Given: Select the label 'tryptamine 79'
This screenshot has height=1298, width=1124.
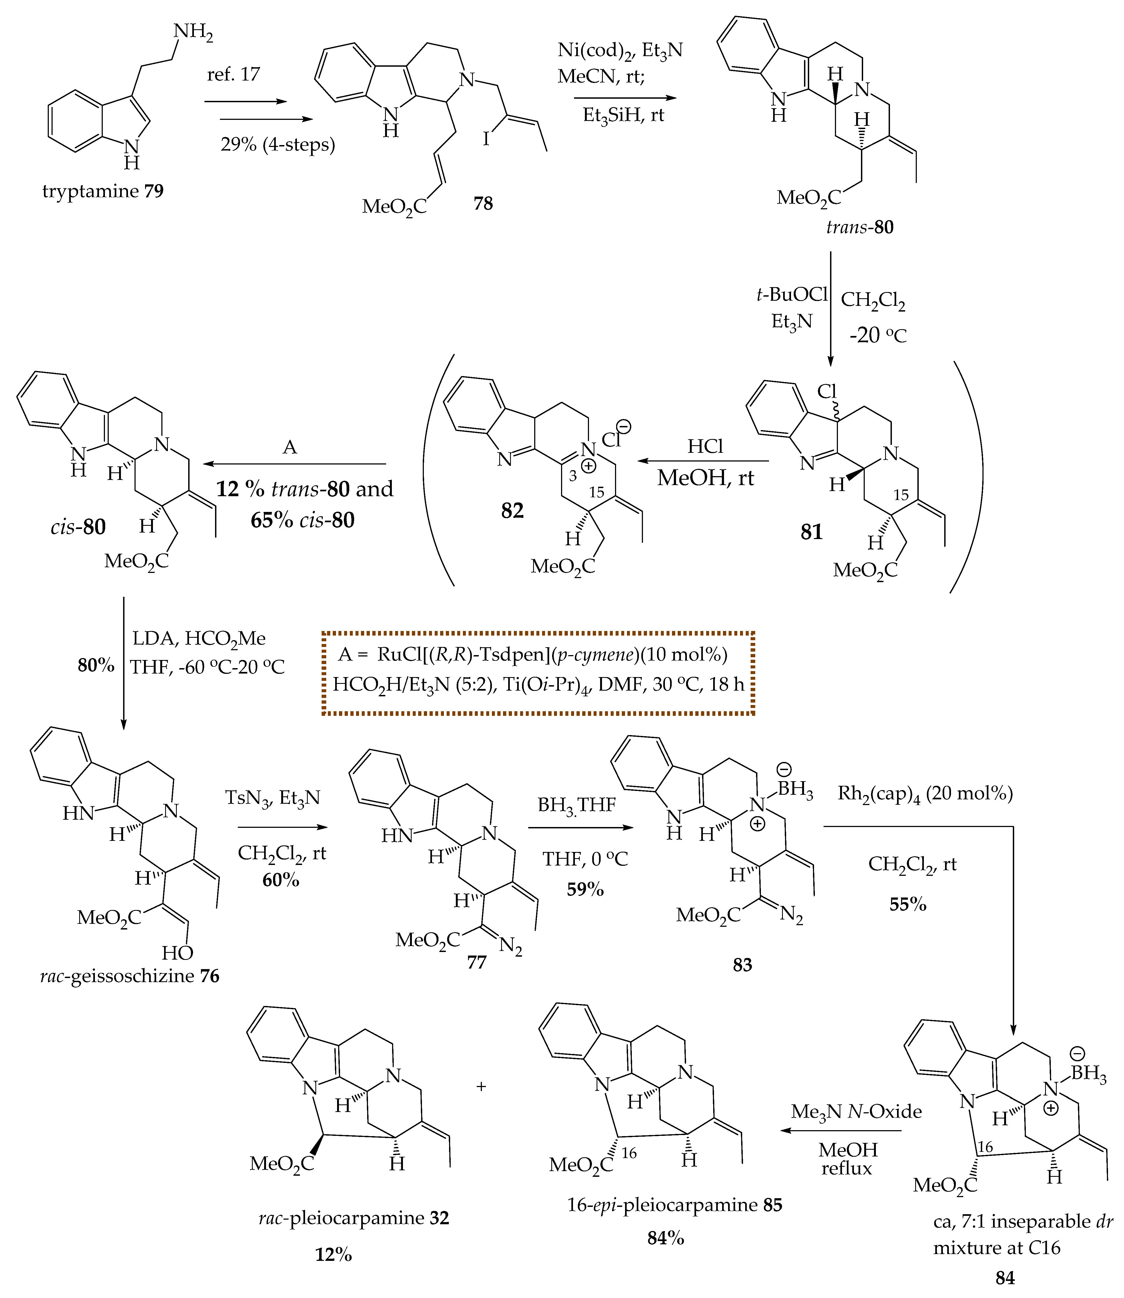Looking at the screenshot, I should (103, 191).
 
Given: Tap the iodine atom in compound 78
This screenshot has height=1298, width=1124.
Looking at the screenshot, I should (486, 138).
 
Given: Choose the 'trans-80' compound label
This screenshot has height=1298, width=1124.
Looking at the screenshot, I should (859, 227).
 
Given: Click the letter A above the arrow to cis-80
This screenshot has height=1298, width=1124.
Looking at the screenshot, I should (290, 447).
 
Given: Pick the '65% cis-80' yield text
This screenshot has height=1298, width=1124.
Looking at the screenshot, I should (302, 520).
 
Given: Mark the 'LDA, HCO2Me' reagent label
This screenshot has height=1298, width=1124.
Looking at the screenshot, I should (199, 638).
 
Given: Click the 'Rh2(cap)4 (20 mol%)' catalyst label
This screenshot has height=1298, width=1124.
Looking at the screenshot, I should (925, 794).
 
